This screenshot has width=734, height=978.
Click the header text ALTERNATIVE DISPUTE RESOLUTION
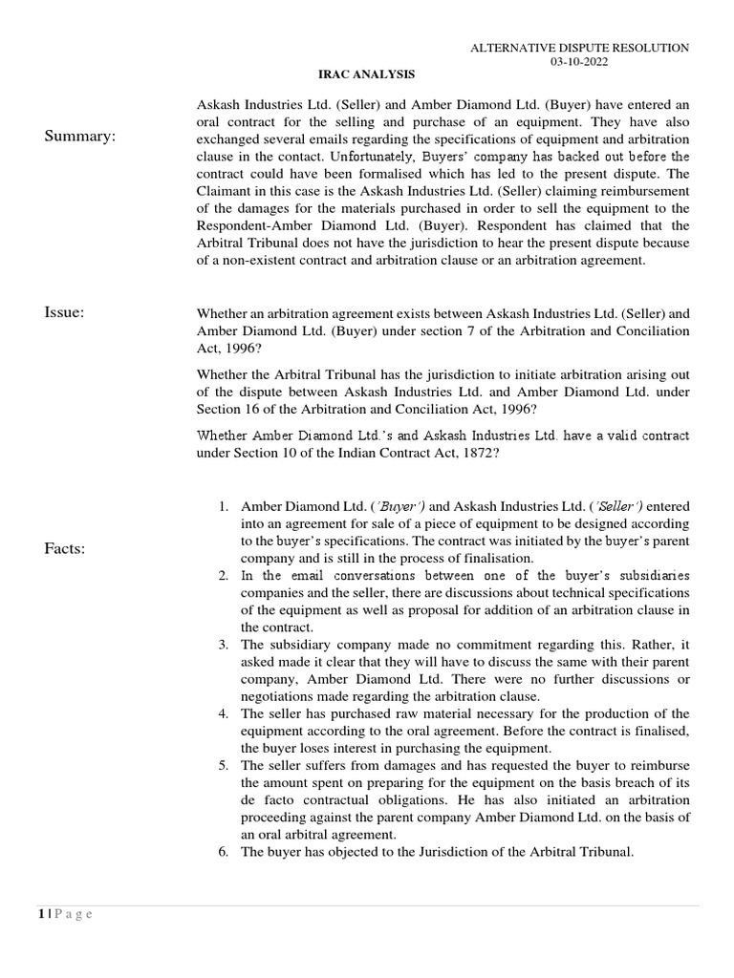point(580,48)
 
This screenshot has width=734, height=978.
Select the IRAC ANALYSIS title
point(366,74)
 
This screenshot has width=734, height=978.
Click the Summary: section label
point(80,137)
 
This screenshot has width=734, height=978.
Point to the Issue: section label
point(64,311)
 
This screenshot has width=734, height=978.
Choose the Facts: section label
point(65,548)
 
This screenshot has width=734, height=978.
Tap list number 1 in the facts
point(223,505)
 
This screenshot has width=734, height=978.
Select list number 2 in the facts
point(223,575)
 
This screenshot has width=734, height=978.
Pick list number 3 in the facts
point(223,645)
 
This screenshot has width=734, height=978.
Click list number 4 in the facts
point(223,713)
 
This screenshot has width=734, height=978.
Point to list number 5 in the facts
point(223,765)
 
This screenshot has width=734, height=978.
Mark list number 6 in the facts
point(223,852)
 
